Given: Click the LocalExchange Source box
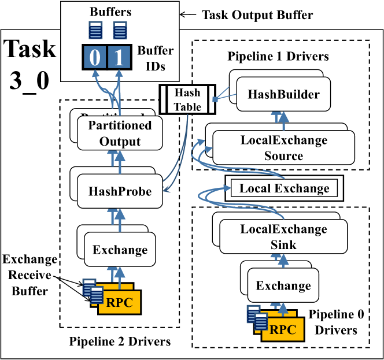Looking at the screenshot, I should pos(283,148).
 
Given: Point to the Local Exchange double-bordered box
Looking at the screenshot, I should pos(284,188).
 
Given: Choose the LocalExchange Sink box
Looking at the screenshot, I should pos(283,236).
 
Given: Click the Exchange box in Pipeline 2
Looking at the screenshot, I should pos(120,250).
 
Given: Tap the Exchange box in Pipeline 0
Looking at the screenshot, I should pos(283,285).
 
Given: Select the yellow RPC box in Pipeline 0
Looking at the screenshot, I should pos(283,330).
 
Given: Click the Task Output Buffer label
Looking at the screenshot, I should pos(257,15).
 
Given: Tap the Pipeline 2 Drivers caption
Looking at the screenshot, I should pos(120,342).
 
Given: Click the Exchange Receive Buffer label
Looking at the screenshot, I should pos(30,274).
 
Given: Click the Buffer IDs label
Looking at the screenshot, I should pos(155,58).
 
